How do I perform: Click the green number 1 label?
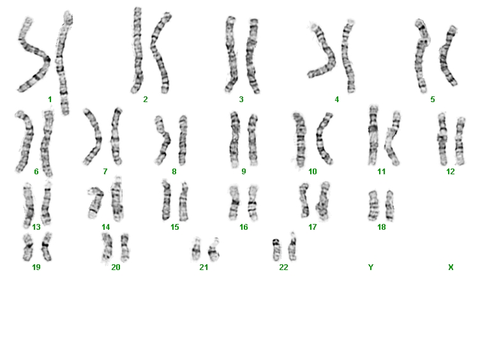click(x=50, y=100)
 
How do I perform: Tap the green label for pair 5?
click(x=433, y=100)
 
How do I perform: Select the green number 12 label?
click(x=451, y=172)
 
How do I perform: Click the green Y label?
click(x=371, y=267)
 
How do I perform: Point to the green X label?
click(x=451, y=267)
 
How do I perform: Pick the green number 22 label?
click(x=283, y=267)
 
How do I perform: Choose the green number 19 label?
click(x=36, y=267)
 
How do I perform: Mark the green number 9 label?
click(x=244, y=172)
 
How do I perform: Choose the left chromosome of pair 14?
click(x=95, y=202)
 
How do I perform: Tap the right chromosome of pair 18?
click(x=389, y=206)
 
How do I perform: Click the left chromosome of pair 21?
click(x=196, y=250)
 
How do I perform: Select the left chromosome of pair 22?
click(x=276, y=250)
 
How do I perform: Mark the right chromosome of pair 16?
click(x=253, y=203)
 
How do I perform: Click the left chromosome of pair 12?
click(x=442, y=139)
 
